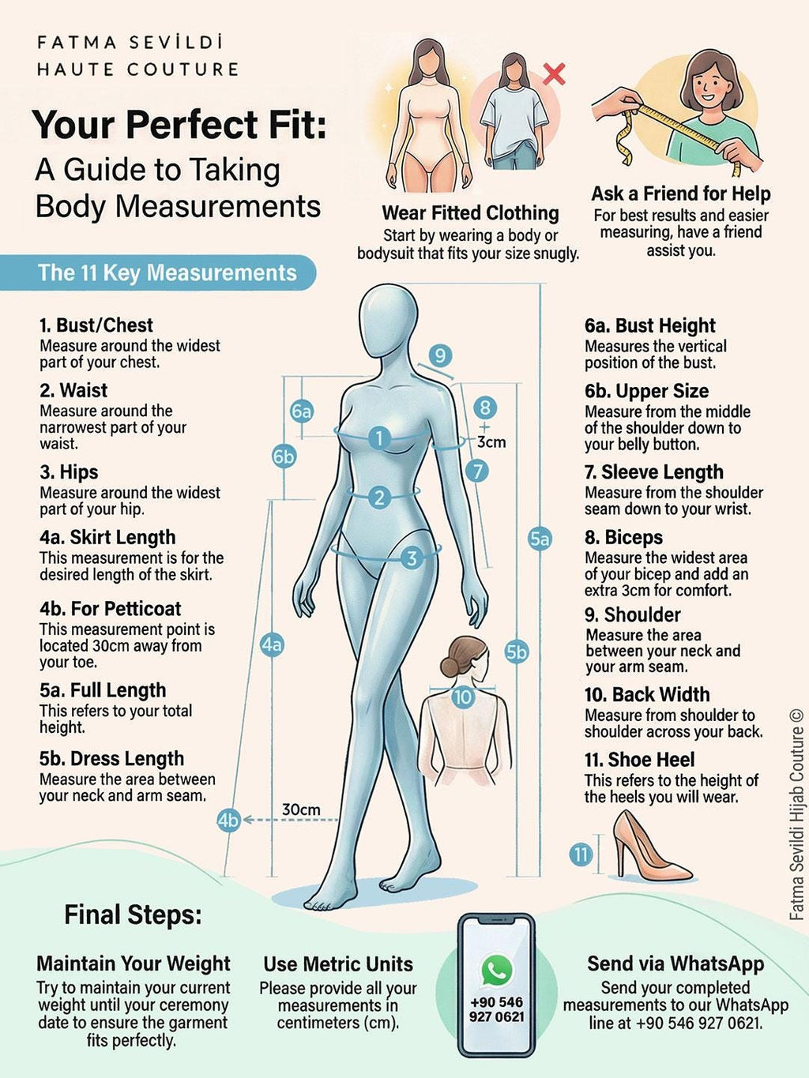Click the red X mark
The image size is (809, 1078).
(x=555, y=74)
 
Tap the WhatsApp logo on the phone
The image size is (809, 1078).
(x=496, y=971)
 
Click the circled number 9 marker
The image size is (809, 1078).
(x=440, y=355)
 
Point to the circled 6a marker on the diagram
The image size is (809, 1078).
(x=301, y=411)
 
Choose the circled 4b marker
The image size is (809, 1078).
(x=228, y=821)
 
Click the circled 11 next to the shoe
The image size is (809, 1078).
(x=581, y=854)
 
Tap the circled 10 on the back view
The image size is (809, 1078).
(x=462, y=697)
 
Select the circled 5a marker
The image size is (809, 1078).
(x=540, y=539)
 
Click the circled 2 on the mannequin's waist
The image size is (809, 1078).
(x=379, y=497)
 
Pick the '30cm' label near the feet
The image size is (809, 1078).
(x=301, y=809)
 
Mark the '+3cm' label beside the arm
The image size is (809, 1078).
(x=489, y=436)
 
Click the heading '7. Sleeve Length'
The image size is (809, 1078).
(x=653, y=472)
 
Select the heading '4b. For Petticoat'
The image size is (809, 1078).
(x=110, y=609)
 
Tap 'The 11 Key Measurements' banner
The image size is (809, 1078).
(x=167, y=273)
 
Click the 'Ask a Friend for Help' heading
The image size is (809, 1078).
(x=680, y=193)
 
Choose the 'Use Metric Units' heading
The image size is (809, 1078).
(x=338, y=964)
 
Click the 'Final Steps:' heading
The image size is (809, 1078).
(x=133, y=915)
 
